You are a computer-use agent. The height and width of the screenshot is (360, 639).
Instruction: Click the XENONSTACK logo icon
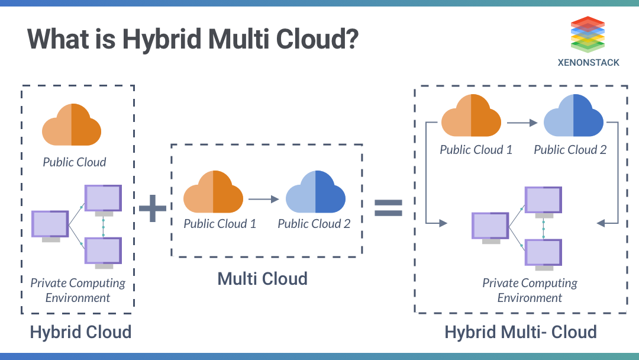[588, 34]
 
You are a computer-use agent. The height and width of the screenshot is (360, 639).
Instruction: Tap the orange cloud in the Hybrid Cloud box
[72, 124]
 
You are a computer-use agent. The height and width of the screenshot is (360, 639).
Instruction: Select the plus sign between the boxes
[153, 208]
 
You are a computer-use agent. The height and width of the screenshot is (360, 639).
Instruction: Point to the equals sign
[388, 207]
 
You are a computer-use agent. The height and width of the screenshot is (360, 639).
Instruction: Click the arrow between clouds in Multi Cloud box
[263, 200]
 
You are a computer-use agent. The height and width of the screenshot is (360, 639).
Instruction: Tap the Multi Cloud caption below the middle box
[263, 278]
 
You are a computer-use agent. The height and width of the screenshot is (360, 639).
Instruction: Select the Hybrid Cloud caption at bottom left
[80, 332]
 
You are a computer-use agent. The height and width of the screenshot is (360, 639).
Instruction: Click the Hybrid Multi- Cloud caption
[521, 332]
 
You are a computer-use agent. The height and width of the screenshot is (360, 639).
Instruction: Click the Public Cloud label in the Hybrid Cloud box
[75, 162]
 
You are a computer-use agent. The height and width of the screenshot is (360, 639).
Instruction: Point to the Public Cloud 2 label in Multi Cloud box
[314, 224]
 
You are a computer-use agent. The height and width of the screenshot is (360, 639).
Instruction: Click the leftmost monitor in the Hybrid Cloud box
[50, 226]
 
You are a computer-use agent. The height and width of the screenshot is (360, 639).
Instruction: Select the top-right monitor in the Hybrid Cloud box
[103, 198]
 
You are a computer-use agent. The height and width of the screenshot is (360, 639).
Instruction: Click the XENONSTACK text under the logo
[588, 62]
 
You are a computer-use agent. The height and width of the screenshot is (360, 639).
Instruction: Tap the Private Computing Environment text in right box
[530, 290]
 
